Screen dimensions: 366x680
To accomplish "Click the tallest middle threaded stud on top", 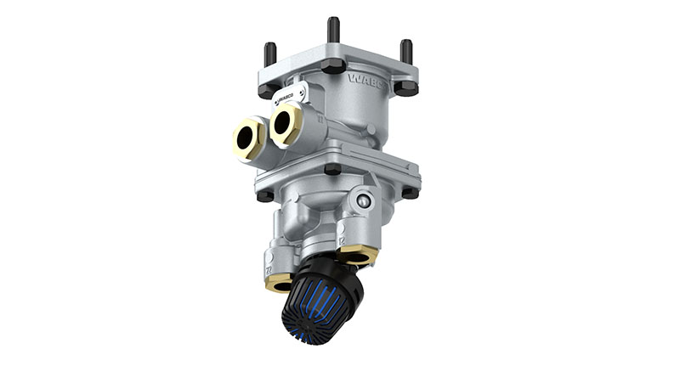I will click(333, 30).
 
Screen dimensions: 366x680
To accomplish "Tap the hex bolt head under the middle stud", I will click(333, 65).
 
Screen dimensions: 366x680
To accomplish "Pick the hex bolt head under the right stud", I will click(406, 87).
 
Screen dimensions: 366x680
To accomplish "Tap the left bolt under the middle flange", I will click(265, 195).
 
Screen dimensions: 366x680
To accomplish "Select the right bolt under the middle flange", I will click(410, 192).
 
